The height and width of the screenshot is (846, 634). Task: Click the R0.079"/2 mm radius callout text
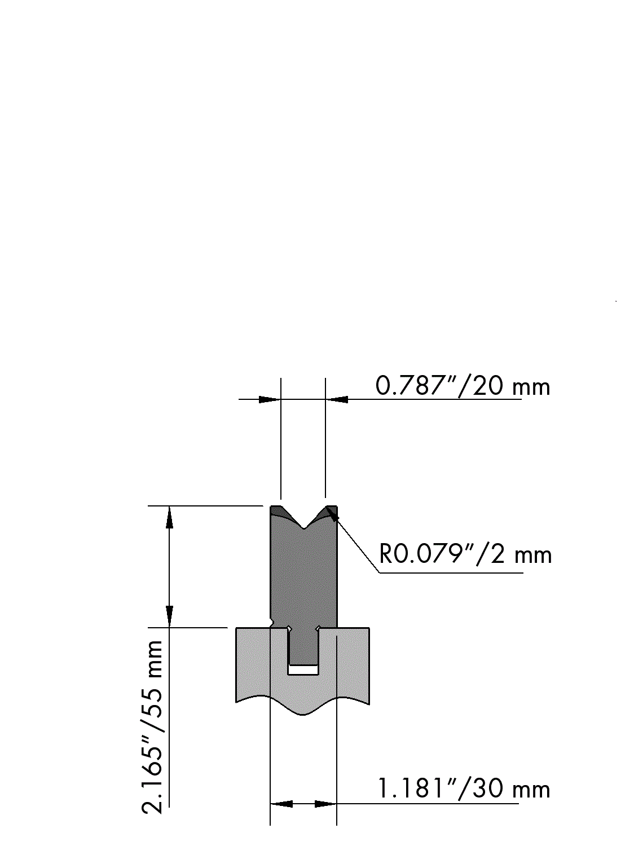point(465,555)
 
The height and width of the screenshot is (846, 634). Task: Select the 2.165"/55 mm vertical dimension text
point(153,727)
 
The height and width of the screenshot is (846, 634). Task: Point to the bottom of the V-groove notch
point(304,528)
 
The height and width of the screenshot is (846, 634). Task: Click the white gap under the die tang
point(303,670)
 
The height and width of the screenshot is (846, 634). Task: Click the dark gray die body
point(303,570)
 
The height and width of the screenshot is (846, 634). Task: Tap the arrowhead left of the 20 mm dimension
point(269,400)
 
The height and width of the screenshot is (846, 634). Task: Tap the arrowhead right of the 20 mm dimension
point(337,400)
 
